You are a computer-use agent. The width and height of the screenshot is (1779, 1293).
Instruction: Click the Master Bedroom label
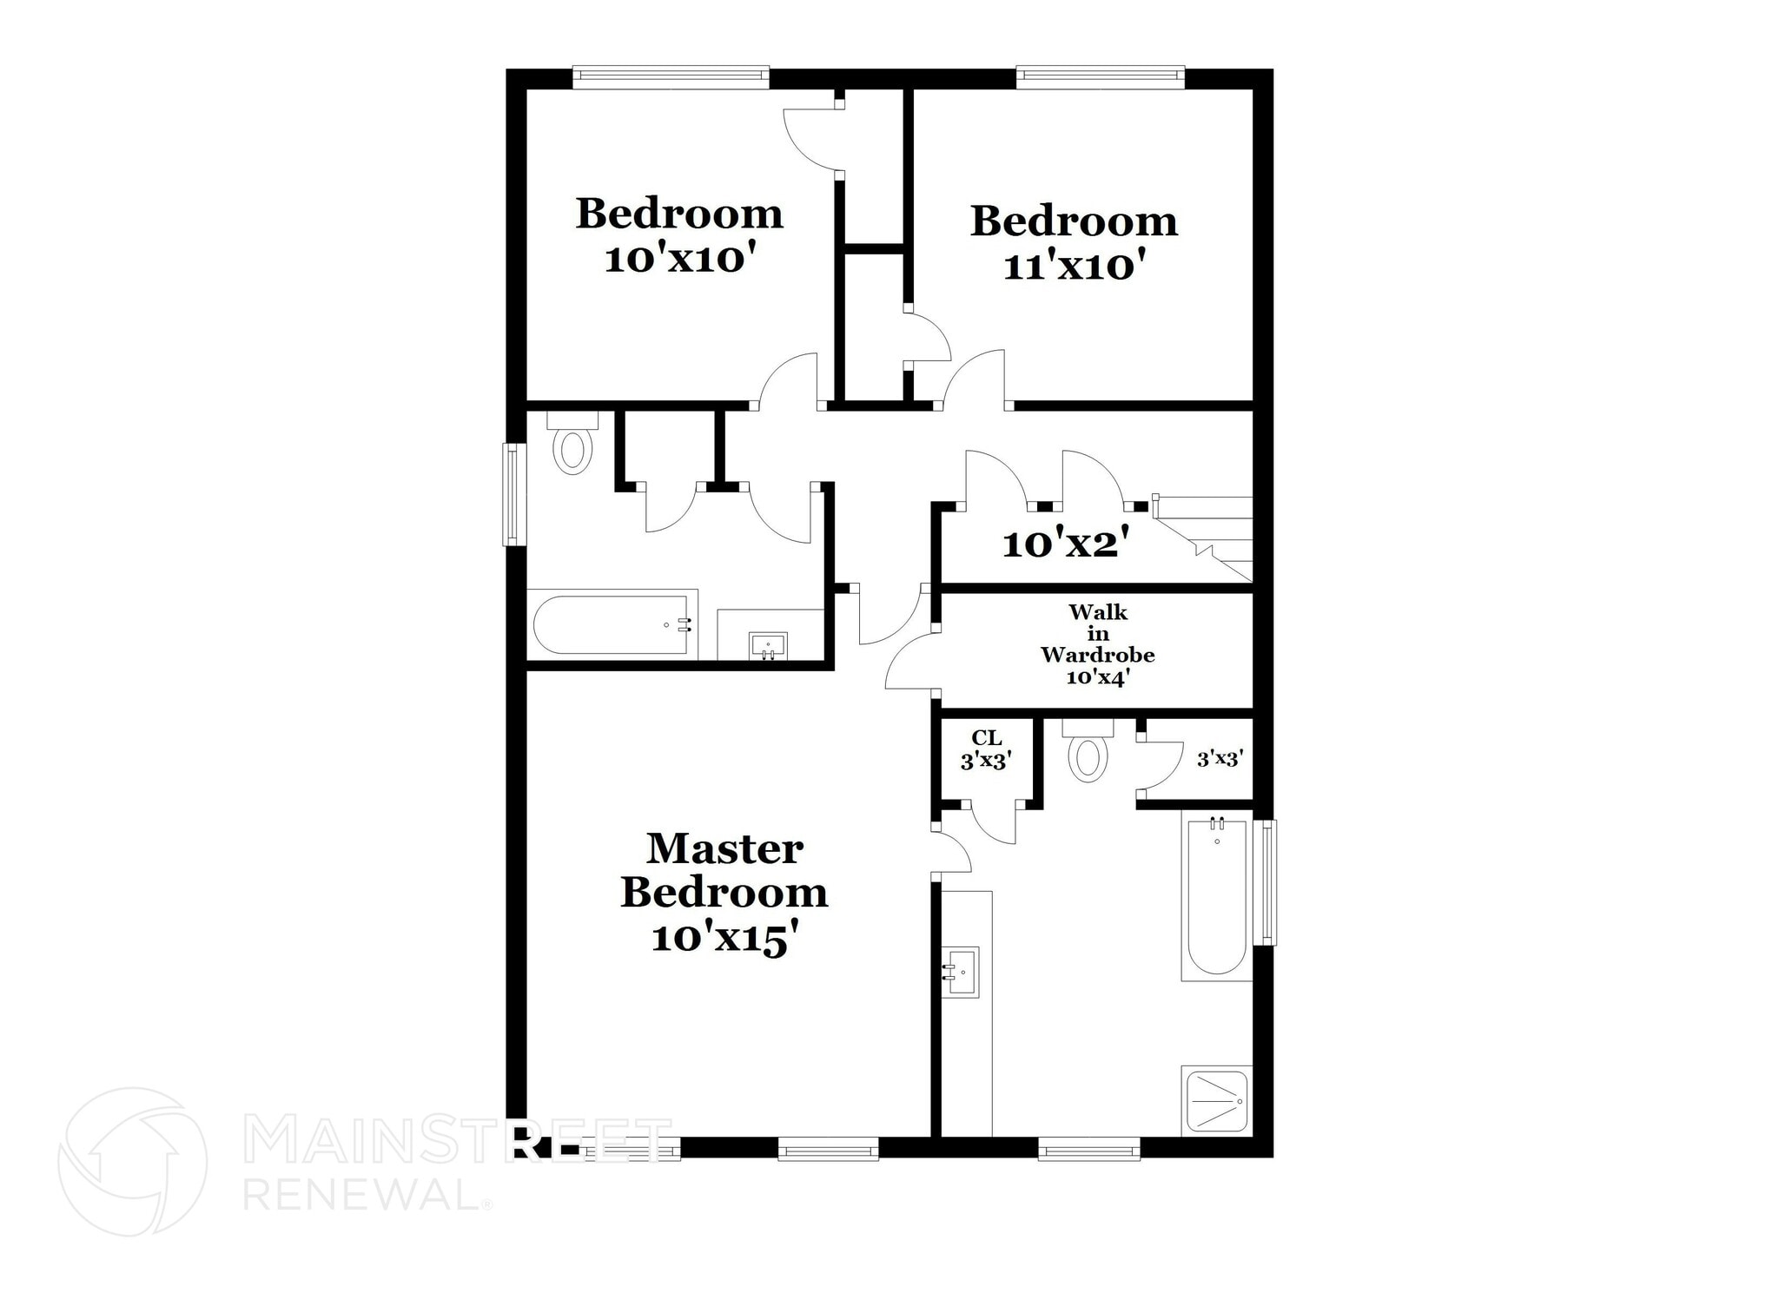click(724, 893)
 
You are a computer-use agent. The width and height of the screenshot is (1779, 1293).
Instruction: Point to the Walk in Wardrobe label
click(1098, 644)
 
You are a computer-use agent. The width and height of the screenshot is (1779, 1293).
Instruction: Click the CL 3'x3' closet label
click(986, 749)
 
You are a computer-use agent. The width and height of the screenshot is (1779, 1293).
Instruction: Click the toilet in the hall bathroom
click(572, 442)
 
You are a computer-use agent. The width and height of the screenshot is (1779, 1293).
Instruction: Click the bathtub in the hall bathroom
click(612, 624)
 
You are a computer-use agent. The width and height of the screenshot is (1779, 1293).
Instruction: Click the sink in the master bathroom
click(961, 972)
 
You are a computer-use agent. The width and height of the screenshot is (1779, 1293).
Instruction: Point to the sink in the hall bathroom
click(768, 646)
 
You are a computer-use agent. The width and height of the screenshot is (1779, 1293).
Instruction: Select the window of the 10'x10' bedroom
click(671, 76)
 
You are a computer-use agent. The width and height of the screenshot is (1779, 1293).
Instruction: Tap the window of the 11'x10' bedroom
click(1101, 76)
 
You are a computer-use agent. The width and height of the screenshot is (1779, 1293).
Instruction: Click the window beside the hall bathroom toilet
click(515, 494)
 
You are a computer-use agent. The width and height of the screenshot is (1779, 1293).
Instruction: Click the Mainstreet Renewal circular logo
click(132, 1162)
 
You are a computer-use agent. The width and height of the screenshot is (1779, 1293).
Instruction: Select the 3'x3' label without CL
click(1220, 759)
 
